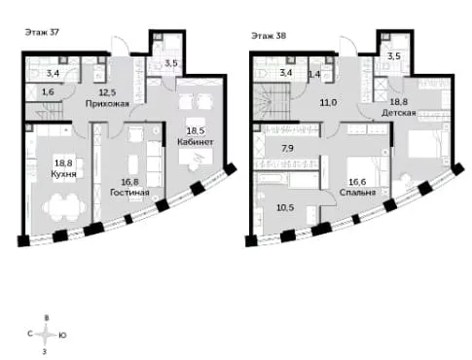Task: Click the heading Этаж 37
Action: [42, 32]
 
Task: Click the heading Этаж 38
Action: [269, 36]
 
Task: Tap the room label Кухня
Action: [63, 174]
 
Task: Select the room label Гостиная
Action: [129, 193]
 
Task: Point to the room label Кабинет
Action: [196, 142]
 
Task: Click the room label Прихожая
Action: [107, 103]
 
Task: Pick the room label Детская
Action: [399, 113]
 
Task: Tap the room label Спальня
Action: [357, 193]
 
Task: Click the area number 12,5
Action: [107, 92]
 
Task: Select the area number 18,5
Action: [196, 131]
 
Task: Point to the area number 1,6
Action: [48, 92]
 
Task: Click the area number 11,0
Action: [328, 103]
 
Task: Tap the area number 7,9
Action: [288, 149]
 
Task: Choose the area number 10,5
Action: [285, 207]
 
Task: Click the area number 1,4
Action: [314, 74]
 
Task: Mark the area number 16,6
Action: [357, 182]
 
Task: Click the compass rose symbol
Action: [46, 335]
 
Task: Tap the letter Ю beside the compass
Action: [62, 336]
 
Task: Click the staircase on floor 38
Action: [272, 101]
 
